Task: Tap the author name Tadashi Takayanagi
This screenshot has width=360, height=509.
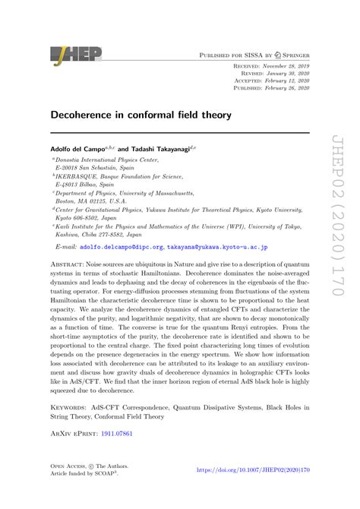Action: tap(159, 150)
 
